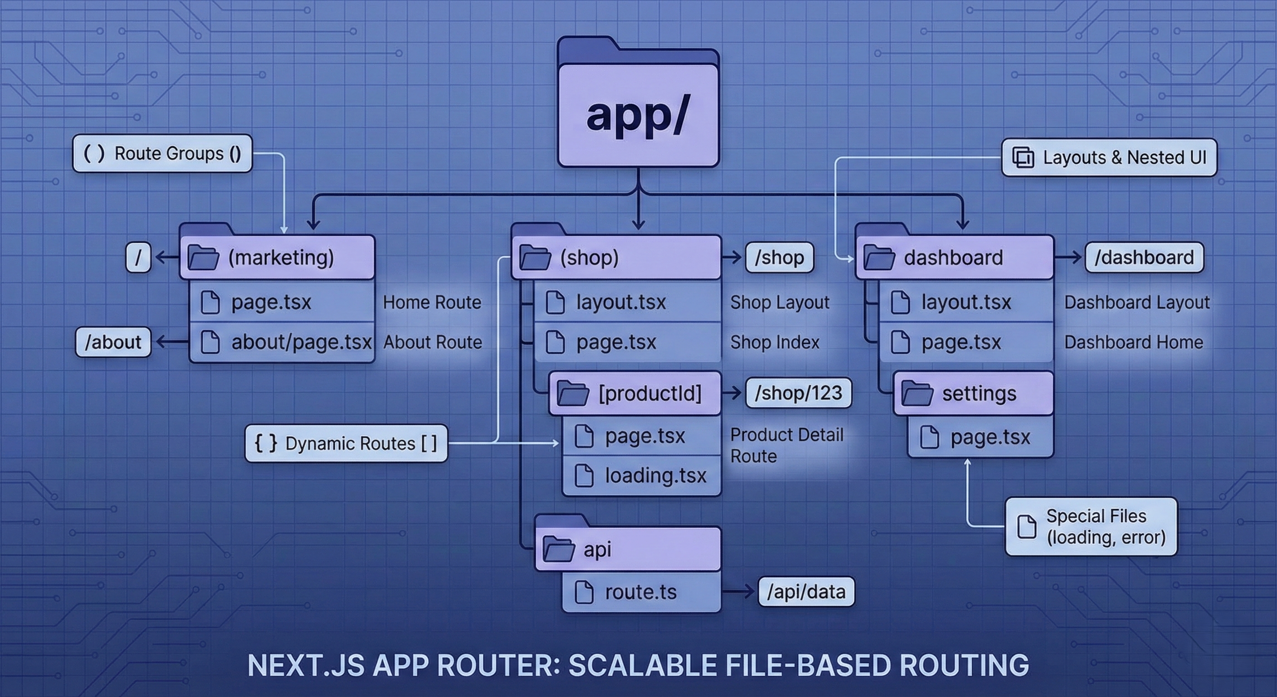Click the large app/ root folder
pyautogui.click(x=638, y=114)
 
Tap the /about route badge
pyautogui.click(x=113, y=342)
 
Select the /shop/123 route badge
pyautogui.click(x=798, y=393)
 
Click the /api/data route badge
pyautogui.click(x=806, y=591)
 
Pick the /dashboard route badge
pyautogui.click(x=1144, y=257)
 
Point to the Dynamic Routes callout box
pyautogui.click(x=346, y=443)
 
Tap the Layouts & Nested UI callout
pyautogui.click(x=1109, y=157)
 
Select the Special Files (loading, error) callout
pyautogui.click(x=1091, y=526)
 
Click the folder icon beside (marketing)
pyautogui.click(x=203, y=257)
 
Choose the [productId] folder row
pyautogui.click(x=634, y=393)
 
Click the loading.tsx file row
pyautogui.click(x=642, y=475)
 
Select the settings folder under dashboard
pyautogui.click(x=973, y=393)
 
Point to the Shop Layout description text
pyautogui.click(x=779, y=302)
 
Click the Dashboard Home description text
pyautogui.click(x=1133, y=342)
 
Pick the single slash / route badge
pyautogui.click(x=138, y=257)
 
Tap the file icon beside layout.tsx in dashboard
pyautogui.click(x=900, y=302)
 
